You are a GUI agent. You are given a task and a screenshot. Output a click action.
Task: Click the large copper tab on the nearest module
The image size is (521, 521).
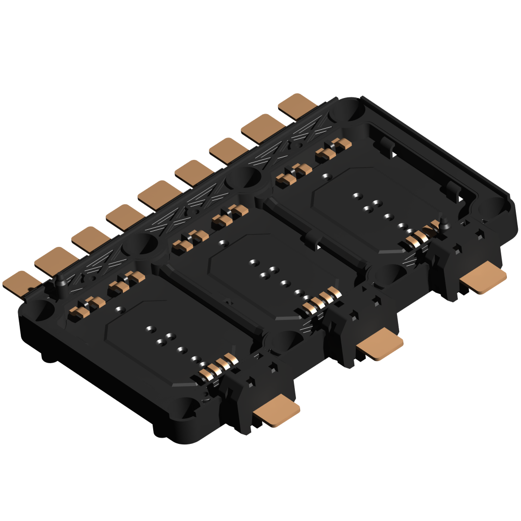pos(276,411)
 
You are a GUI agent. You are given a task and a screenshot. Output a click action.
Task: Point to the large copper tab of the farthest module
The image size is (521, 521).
pos(483,278)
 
